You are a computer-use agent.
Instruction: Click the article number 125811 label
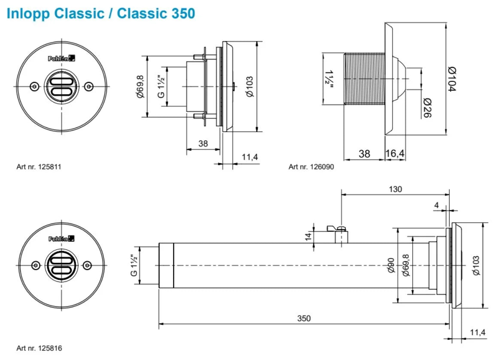[x=39, y=166]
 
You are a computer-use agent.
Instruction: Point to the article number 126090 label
[x=311, y=166]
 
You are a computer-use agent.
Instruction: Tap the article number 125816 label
[x=39, y=348]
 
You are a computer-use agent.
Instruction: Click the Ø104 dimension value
[x=452, y=79]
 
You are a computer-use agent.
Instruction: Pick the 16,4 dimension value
[x=396, y=154]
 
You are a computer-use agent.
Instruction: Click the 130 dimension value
[x=395, y=189]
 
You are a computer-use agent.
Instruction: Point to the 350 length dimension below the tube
[x=304, y=318]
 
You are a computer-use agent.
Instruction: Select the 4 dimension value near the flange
[x=437, y=206]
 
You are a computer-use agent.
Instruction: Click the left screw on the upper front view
[x=34, y=86]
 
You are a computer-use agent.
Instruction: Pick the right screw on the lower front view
[x=88, y=266]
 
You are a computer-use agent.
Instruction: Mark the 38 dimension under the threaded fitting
[x=364, y=154]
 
